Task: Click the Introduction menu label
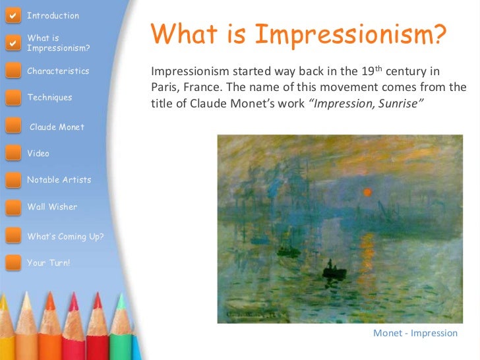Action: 53,16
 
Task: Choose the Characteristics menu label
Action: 58,71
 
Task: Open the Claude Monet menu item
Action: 57,127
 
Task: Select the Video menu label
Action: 38,154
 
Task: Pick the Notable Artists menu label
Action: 59,180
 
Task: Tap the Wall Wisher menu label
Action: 52,207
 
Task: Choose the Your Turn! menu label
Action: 48,263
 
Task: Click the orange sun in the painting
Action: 367,193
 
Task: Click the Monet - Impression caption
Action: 415,333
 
